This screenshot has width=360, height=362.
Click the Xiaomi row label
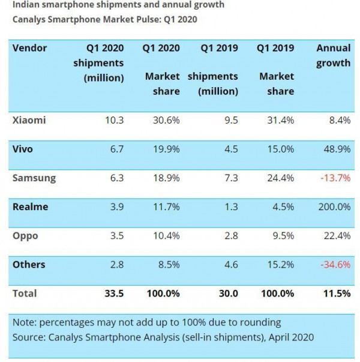(29, 120)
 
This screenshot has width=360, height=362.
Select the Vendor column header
(29, 48)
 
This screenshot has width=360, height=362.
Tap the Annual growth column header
(333, 55)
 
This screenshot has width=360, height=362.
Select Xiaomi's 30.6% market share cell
(166, 120)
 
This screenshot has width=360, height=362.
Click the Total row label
(25, 294)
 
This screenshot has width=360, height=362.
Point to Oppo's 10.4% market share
(166, 236)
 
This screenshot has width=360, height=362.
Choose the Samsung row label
(34, 178)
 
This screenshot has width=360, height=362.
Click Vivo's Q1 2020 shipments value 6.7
(115, 149)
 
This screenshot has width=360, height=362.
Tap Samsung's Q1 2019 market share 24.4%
(280, 178)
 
